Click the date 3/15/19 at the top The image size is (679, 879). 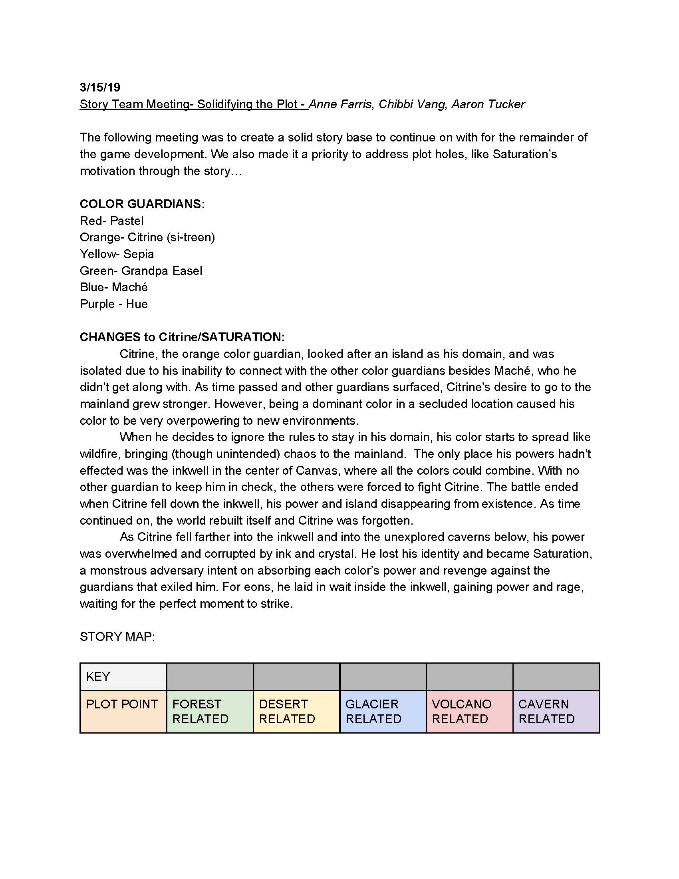(100, 88)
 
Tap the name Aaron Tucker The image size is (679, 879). (488, 104)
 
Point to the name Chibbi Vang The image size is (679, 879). (412, 104)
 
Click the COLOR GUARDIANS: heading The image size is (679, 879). (142, 204)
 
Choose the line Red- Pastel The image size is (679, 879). (111, 221)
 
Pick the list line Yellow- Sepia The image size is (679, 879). (117, 254)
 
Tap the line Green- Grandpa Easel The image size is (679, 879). (141, 271)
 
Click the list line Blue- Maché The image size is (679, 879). (113, 287)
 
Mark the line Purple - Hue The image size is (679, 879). (113, 304)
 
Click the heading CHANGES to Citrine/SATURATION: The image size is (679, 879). (182, 337)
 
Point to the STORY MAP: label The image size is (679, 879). (117, 637)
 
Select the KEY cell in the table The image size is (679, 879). (123, 677)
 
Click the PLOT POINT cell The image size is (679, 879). (123, 712)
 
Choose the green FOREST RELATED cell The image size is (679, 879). (210, 712)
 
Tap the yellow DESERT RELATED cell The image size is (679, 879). (296, 712)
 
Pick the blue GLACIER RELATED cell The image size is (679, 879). (383, 712)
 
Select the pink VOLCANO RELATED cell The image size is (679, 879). (469, 712)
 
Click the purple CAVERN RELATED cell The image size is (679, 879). (556, 712)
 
